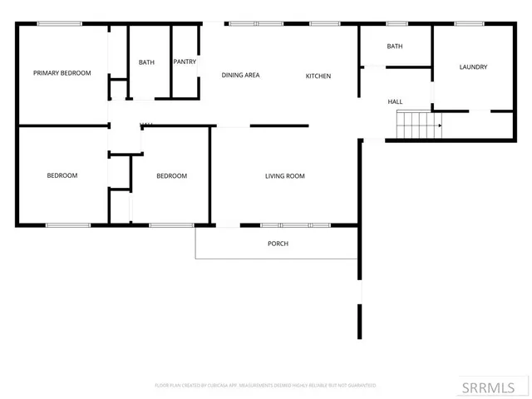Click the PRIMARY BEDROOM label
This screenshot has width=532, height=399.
click(x=62, y=73)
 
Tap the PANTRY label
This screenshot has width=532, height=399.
click(x=185, y=62)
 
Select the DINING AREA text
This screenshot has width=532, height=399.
click(x=240, y=76)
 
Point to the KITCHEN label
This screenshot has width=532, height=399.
click(x=318, y=76)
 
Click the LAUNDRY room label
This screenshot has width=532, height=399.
click(x=473, y=67)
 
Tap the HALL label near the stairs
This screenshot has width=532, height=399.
click(x=396, y=101)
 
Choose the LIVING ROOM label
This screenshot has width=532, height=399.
click(x=285, y=176)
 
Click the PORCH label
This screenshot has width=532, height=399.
click(x=278, y=244)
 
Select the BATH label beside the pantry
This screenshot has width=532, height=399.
click(x=146, y=62)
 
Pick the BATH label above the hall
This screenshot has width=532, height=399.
click(x=395, y=47)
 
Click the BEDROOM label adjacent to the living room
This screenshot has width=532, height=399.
click(x=172, y=176)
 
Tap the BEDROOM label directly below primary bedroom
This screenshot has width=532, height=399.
click(x=62, y=175)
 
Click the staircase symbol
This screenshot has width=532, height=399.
click(x=418, y=125)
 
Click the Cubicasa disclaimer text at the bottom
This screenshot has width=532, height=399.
click(x=266, y=386)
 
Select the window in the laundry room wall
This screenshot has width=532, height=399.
click(x=467, y=23)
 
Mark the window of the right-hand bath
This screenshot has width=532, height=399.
click(x=397, y=23)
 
